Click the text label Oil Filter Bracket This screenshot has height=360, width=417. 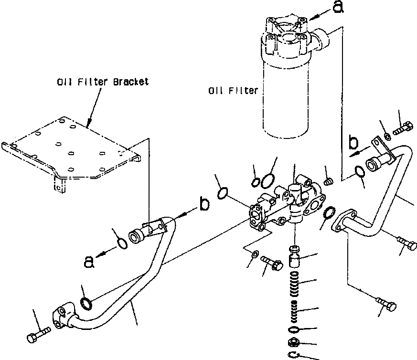click(103, 82)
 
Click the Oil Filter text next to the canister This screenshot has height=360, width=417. click(233, 90)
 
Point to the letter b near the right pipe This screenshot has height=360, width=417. click(353, 142)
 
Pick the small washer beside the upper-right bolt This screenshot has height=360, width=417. click(387, 137)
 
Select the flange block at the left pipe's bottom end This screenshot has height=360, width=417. click(63, 318)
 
